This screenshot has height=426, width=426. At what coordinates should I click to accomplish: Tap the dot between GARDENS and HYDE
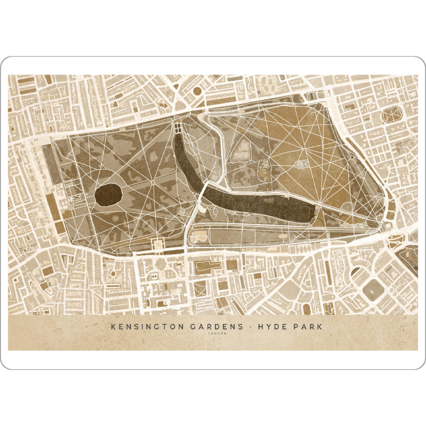(250, 327)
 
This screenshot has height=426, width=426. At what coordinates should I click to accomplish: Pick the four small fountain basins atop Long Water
(177, 127)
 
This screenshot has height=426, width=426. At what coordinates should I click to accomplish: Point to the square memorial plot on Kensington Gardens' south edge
(157, 244)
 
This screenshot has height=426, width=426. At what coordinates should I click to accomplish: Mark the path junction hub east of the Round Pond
(153, 182)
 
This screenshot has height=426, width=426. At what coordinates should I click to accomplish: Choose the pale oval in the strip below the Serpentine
(284, 235)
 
